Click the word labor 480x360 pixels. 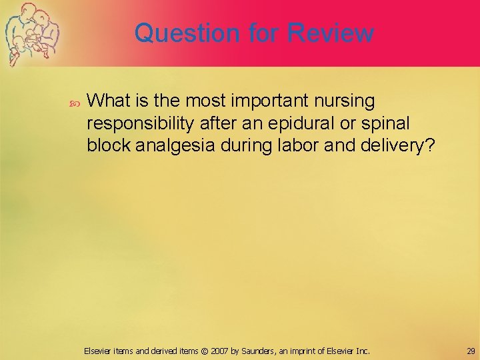pyautogui.click(x=295, y=146)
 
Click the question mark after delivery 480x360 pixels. pyautogui.click(x=429, y=146)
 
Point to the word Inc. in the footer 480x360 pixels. pyautogui.click(x=361, y=351)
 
